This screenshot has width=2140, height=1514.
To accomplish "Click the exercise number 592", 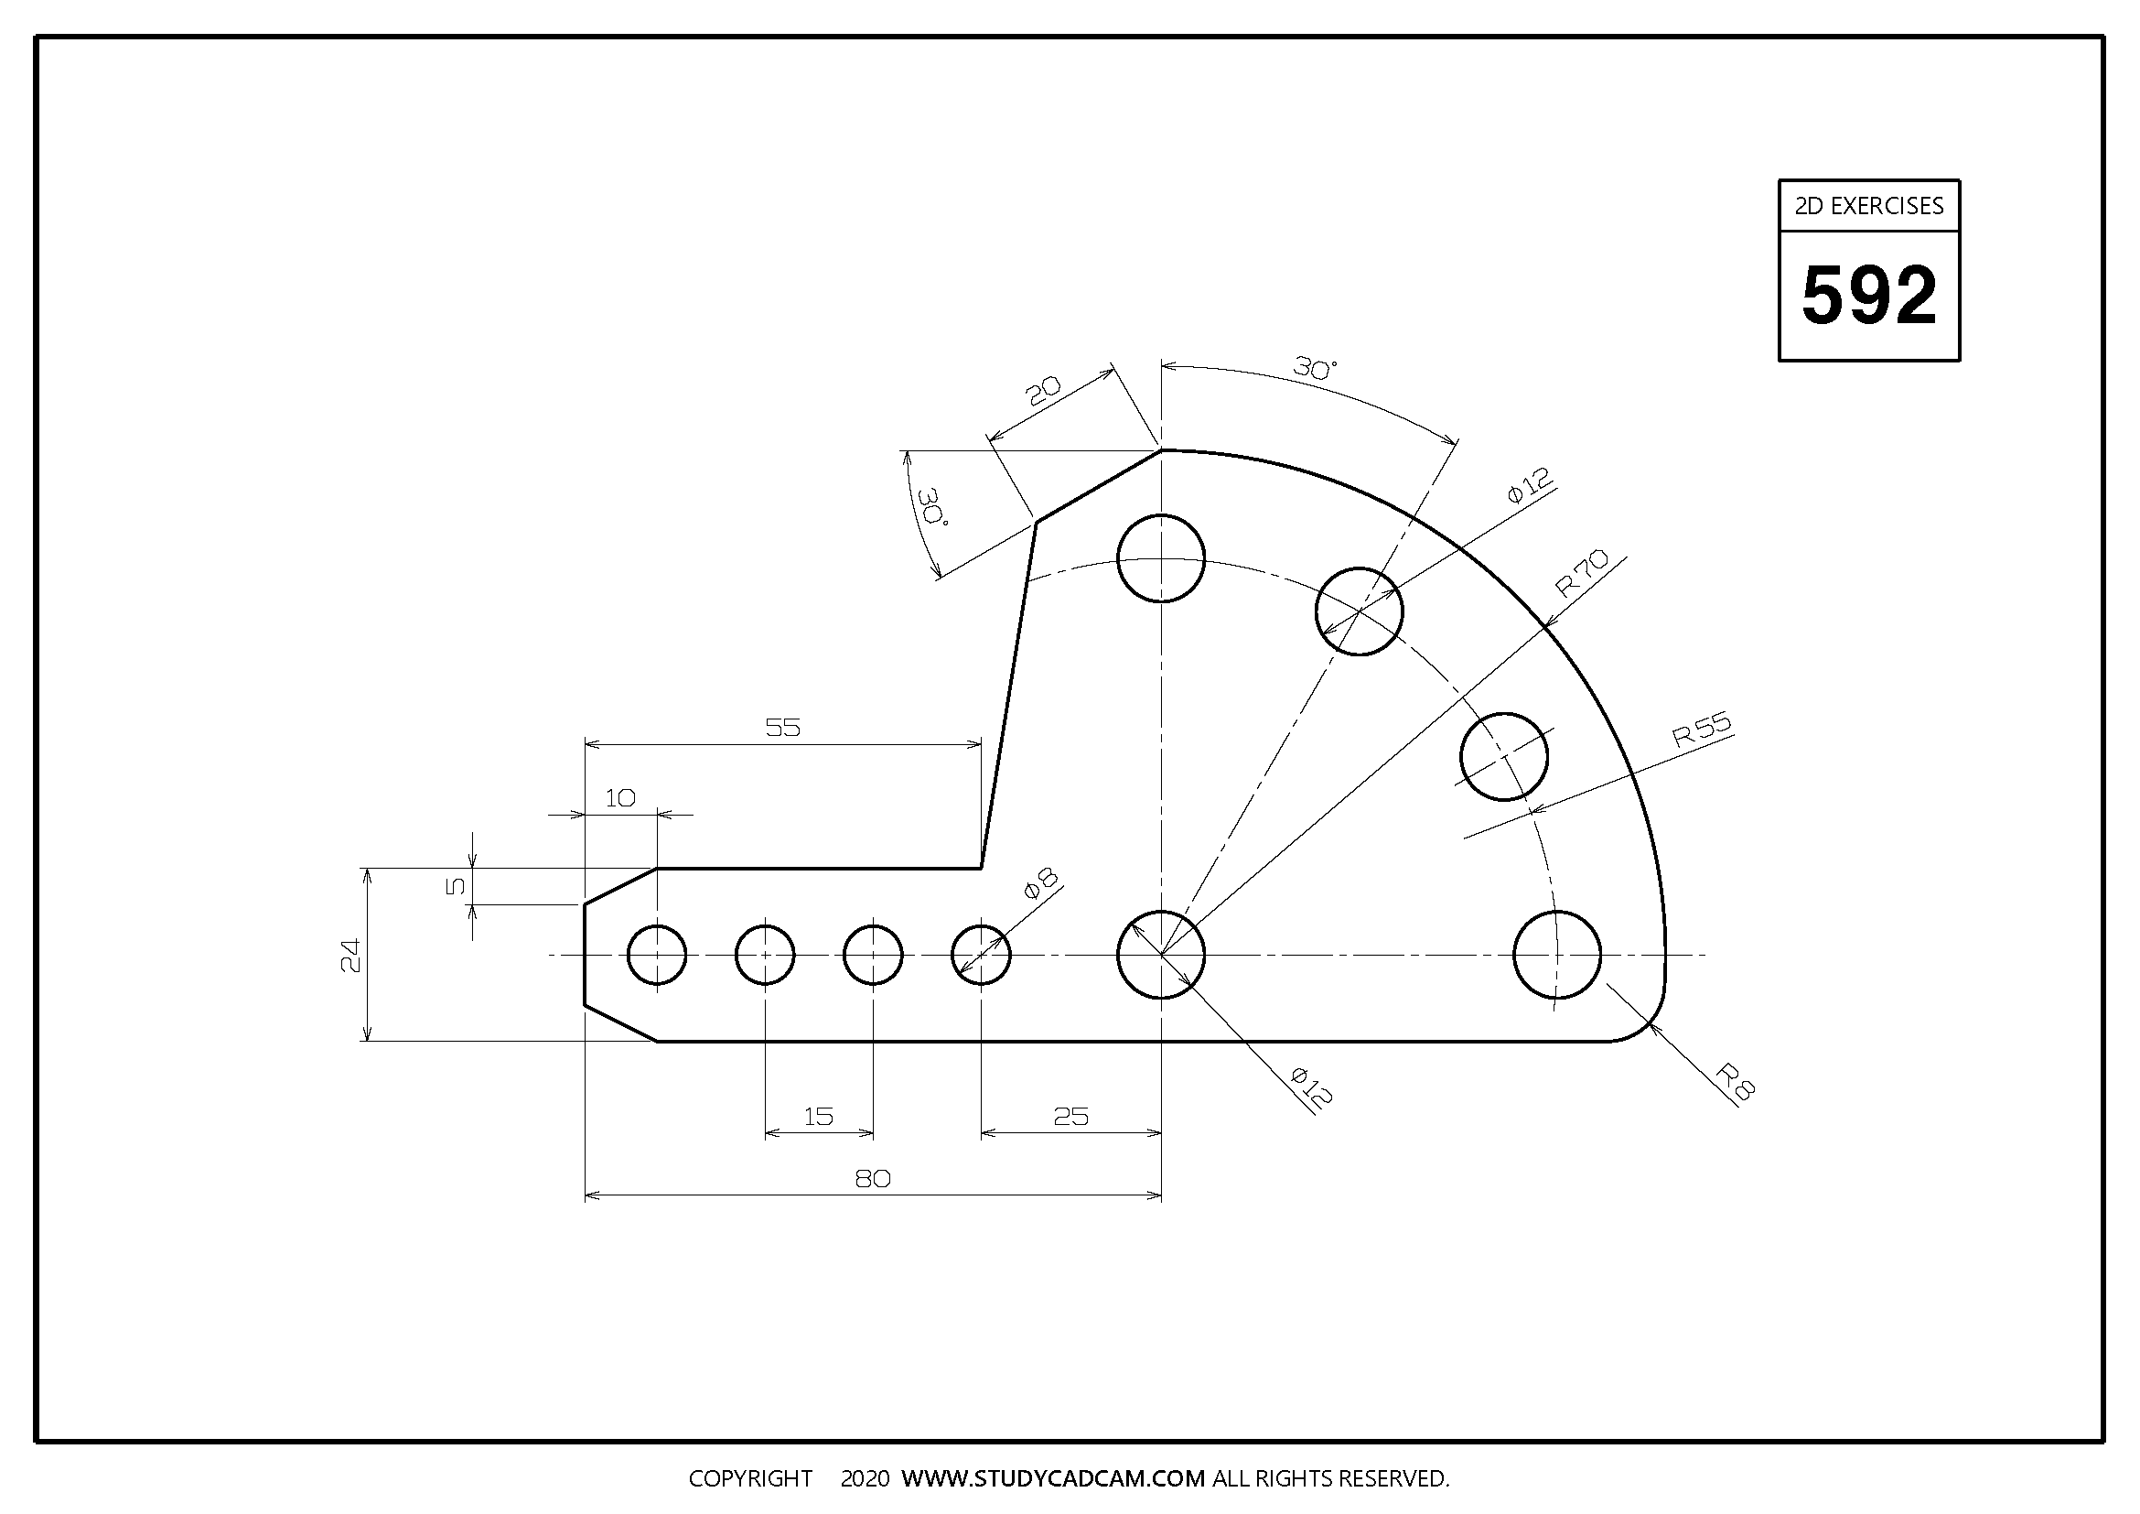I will [1869, 296].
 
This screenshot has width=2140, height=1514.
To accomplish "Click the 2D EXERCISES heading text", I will [1869, 206].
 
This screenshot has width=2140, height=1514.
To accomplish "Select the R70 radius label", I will [1582, 572].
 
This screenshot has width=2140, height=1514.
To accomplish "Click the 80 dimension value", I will [873, 1179].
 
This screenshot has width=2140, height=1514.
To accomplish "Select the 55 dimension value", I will [783, 727].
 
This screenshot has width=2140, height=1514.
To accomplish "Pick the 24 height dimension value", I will [350, 955].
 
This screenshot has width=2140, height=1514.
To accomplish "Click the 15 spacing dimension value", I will [818, 1116].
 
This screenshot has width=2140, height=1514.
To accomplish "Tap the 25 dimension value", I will [1070, 1116].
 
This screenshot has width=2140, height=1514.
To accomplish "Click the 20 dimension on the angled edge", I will [1044, 392].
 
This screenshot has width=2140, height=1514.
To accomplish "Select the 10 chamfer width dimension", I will [619, 798].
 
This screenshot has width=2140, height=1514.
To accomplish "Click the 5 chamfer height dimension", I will [455, 886].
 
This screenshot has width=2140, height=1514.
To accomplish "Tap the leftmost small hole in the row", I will [657, 955].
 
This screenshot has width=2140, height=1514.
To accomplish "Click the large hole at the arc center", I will [1160, 955].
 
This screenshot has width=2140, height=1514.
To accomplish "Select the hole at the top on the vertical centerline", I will [1160, 558].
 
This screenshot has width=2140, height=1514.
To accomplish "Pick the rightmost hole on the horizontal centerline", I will [1556, 955].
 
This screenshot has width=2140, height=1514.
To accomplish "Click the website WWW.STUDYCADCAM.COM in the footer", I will [1053, 1478].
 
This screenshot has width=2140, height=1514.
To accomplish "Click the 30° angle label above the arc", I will [1314, 369].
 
